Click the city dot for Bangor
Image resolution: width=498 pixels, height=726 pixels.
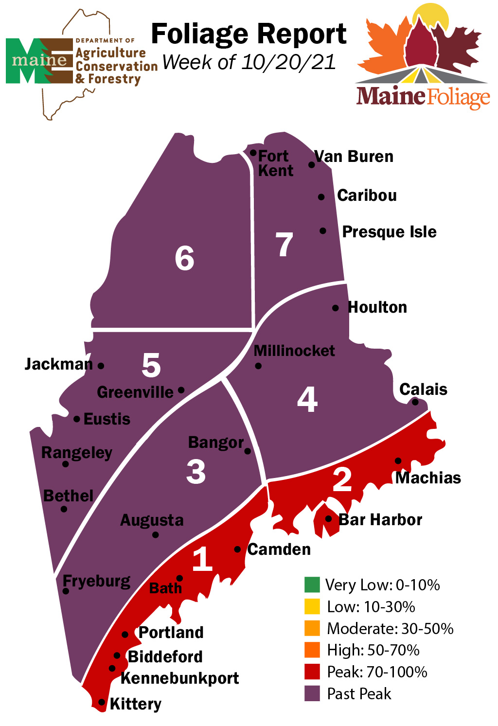[248, 451]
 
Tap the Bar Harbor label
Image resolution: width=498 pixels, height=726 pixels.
[380, 520]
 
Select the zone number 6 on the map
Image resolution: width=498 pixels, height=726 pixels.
[185, 258]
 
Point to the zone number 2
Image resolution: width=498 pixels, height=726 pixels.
[342, 479]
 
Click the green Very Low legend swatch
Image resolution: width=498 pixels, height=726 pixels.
[312, 584]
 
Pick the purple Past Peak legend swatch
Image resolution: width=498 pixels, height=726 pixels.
[312, 693]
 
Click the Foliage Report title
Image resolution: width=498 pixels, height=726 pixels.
[249, 34]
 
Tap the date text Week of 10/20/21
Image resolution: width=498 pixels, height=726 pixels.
[249, 62]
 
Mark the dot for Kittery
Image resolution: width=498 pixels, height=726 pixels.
[102, 702]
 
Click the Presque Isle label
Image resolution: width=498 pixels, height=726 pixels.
[389, 232]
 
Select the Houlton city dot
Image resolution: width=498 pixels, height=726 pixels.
[336, 308]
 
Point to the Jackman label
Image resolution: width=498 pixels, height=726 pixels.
[58, 364]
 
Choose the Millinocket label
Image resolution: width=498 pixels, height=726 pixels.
[294, 351]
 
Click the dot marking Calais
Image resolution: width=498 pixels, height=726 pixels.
[415, 402]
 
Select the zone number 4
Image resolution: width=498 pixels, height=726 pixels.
[307, 400]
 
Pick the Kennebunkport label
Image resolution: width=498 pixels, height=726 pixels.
[179, 678]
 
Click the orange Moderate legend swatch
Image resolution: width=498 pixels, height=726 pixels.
[312, 628]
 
